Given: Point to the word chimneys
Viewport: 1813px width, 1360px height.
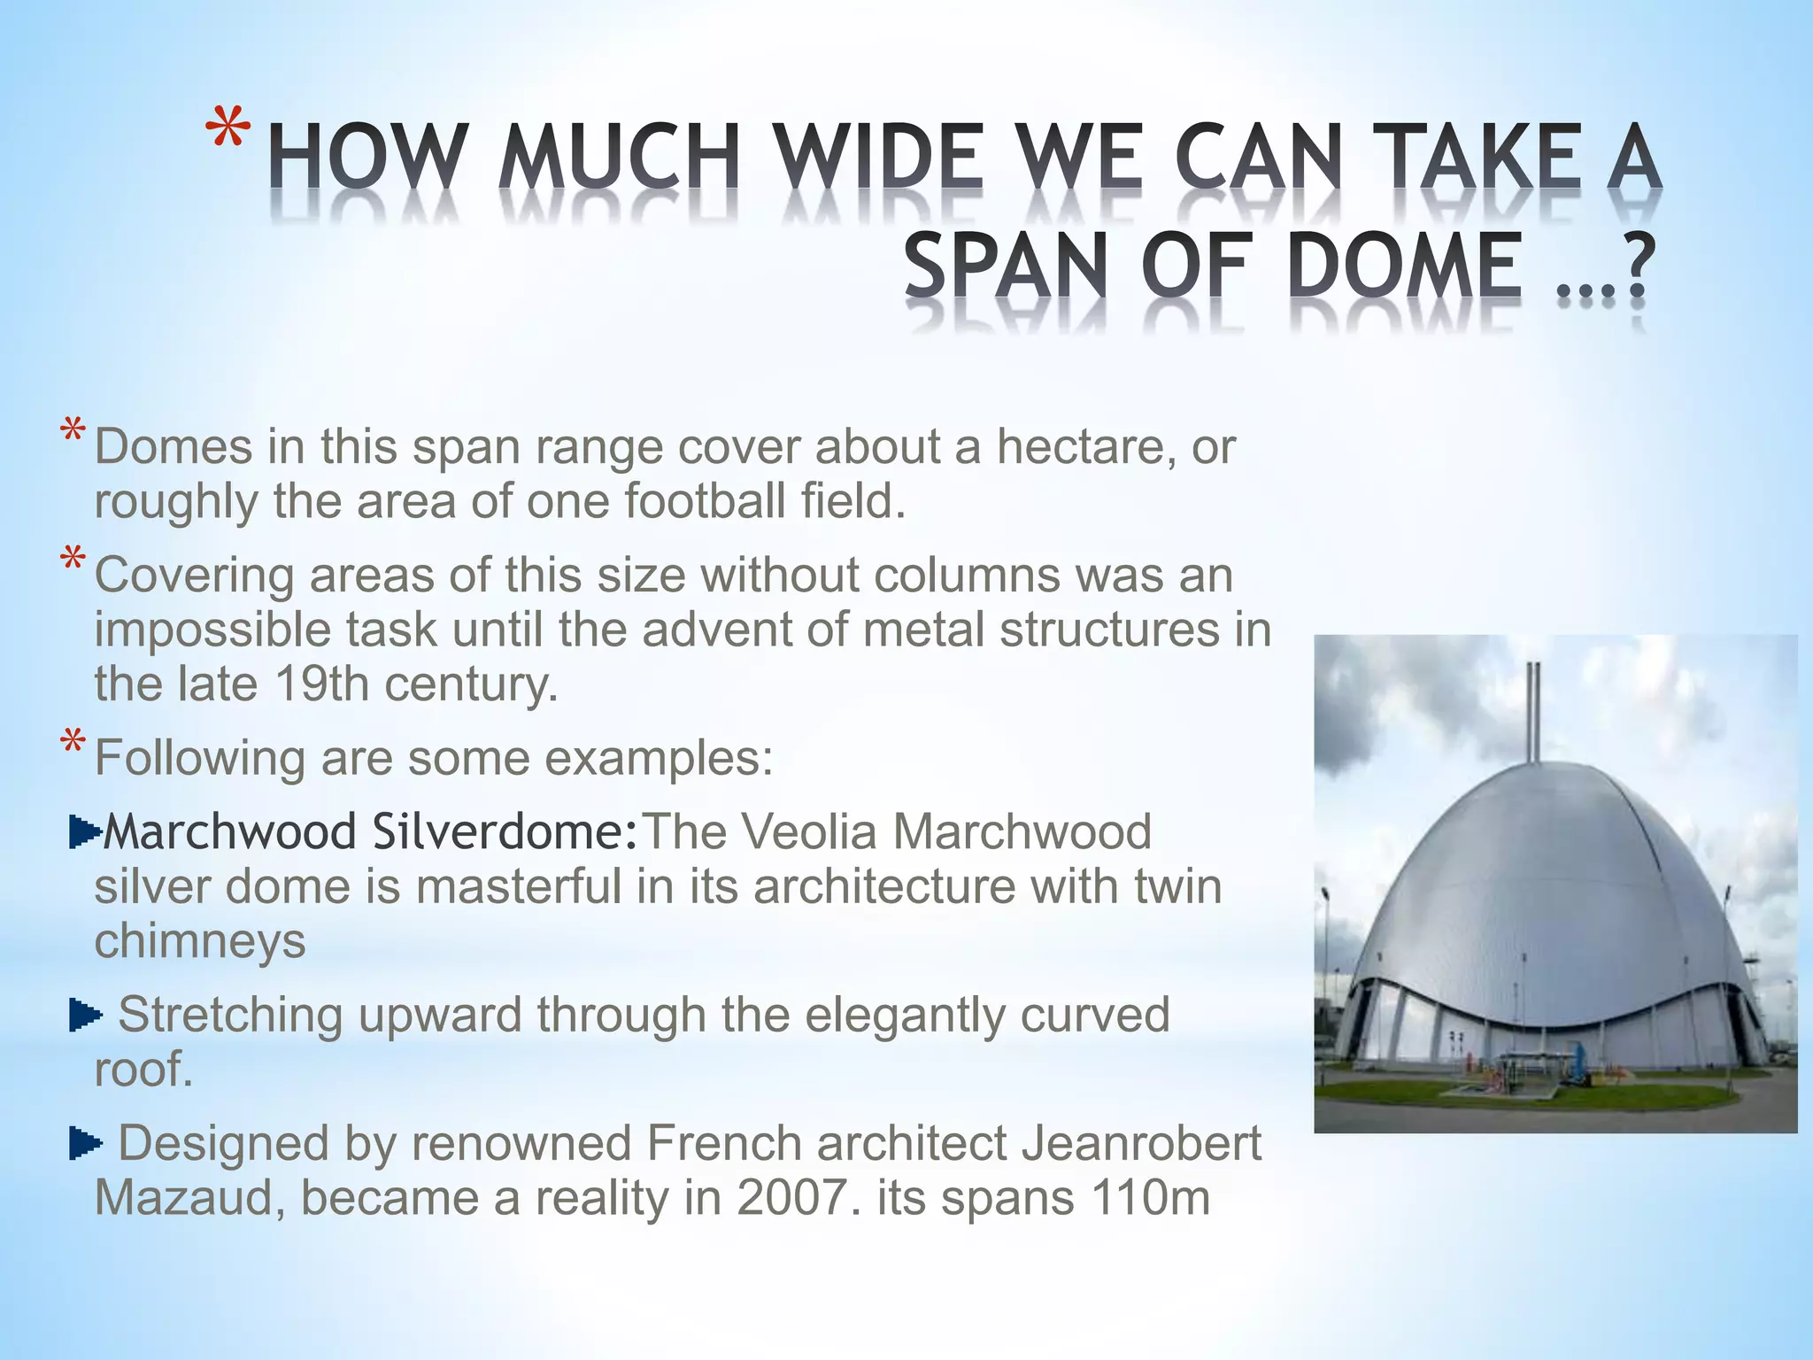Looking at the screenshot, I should click(200, 941).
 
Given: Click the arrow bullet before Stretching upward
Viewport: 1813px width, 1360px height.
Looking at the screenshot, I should click(85, 1016).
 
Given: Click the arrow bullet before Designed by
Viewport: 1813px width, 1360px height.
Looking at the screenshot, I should click(85, 1144).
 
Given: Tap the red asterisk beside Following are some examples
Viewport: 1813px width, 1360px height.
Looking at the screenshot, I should click(73, 744).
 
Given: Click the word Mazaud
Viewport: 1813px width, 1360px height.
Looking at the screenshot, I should click(189, 1199).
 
